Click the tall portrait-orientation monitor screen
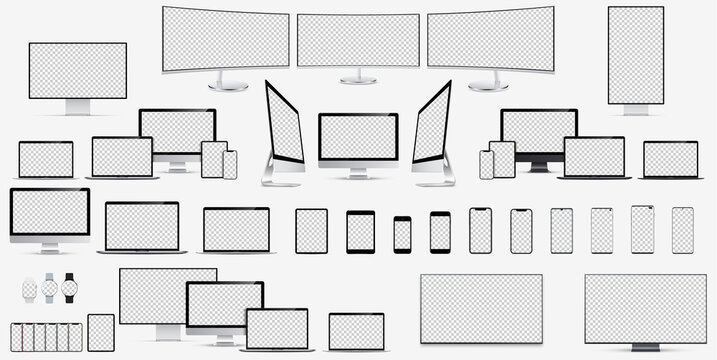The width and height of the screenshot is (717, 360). (635, 54)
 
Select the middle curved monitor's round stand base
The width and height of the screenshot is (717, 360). (358, 80)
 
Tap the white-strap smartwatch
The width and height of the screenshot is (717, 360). (30, 289)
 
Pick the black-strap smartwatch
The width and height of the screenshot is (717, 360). (70, 288)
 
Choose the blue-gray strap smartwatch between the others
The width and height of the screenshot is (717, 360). (50, 289)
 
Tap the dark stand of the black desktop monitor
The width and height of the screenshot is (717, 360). (538, 166)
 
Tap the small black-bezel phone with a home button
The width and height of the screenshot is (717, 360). (402, 234)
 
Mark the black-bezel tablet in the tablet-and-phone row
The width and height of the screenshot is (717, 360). (360, 232)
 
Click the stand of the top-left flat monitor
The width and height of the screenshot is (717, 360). (77, 106)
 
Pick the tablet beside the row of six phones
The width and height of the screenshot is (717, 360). (101, 332)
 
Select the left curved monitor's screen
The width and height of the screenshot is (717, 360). (225, 38)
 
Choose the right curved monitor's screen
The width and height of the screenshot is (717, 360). (491, 38)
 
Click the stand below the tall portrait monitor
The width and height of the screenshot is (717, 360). (635, 110)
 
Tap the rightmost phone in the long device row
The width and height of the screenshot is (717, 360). (682, 230)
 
